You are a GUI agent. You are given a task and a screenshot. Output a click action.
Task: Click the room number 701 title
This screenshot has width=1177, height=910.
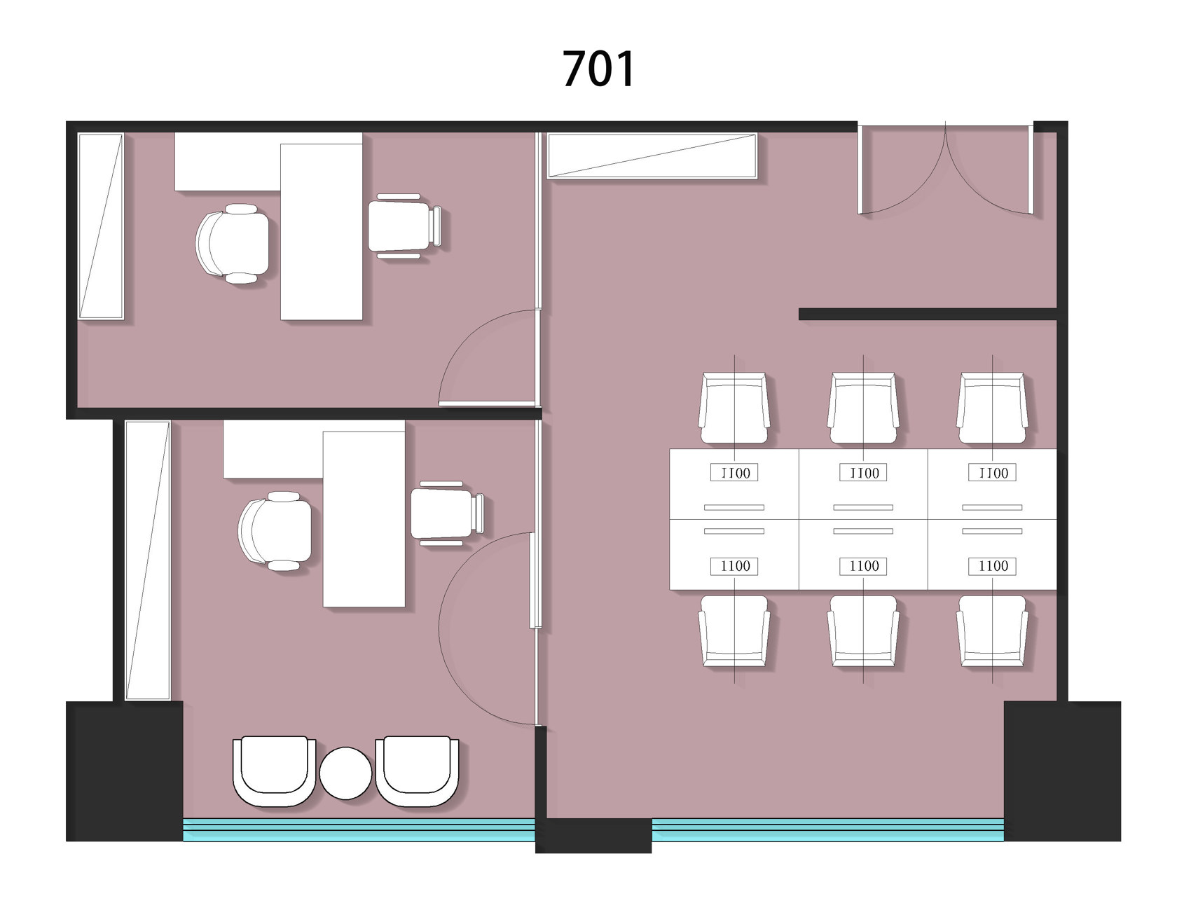point(599,69)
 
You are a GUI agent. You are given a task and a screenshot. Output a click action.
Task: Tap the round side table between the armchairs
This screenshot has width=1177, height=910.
point(345,773)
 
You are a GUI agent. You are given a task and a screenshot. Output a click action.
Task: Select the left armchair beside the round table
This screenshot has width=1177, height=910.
point(274,771)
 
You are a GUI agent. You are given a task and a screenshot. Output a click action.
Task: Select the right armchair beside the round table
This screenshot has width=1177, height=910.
point(417,771)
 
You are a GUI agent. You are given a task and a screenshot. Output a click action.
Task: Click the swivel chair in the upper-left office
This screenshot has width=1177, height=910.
point(232,244)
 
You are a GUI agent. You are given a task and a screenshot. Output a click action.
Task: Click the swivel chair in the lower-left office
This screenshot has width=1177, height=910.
point(275,531)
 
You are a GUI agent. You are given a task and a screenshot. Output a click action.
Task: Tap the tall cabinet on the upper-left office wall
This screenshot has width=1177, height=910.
point(101,226)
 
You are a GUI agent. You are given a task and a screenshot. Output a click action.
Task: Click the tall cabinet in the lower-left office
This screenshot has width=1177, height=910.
point(148,560)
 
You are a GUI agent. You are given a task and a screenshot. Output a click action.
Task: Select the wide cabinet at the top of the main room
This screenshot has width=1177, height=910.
point(652,156)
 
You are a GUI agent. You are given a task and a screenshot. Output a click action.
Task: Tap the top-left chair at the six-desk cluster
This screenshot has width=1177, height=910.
point(734,408)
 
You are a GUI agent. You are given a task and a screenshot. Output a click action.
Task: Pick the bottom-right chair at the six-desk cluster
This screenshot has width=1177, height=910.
point(992,630)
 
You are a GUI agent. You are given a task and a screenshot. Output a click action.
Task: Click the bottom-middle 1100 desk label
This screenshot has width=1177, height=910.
point(863,566)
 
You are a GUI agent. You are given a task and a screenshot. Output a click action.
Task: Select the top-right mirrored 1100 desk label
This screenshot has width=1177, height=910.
point(992,473)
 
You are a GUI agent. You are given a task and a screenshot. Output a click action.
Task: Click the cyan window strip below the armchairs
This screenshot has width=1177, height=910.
point(359,829)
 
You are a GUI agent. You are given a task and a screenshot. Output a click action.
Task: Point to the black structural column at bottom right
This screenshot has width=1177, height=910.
point(1062,771)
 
